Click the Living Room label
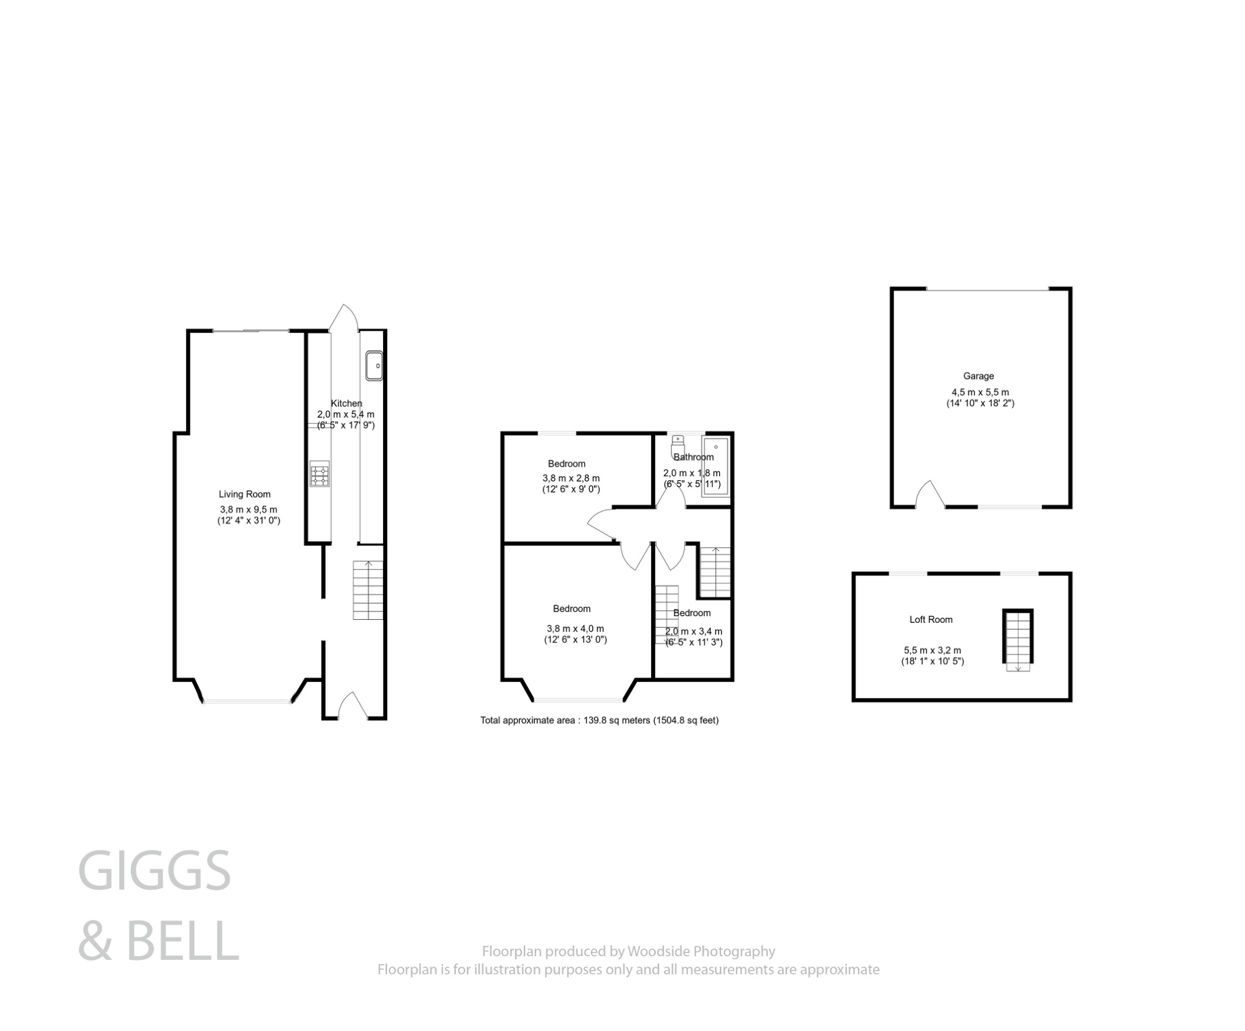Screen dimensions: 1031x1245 coord(244,495)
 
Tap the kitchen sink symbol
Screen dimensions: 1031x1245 coord(373,366)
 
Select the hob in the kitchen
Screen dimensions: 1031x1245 coord(320,474)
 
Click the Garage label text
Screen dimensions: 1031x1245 coord(978,376)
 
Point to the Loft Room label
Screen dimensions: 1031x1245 coord(931,620)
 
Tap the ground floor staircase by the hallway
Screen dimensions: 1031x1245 coord(368,590)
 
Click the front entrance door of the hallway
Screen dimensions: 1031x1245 coord(353,706)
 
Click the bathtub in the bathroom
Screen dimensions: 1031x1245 coord(716,467)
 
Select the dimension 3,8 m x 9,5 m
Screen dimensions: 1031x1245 coord(248,510)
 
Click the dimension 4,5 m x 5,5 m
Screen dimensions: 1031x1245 coord(980,392)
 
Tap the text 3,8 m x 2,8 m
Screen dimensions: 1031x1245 coord(571,479)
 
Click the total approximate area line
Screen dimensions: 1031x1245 coord(599,721)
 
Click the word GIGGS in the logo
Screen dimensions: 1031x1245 coord(154,871)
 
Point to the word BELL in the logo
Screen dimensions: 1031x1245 coord(182,941)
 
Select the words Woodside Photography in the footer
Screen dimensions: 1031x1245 coord(701,951)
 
